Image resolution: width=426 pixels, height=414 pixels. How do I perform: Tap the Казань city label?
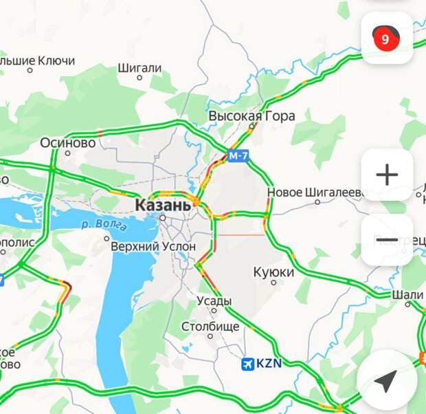tap(163, 204)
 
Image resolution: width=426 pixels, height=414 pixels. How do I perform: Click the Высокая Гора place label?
tap(251, 116)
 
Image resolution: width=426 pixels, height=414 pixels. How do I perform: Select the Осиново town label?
tap(67, 142)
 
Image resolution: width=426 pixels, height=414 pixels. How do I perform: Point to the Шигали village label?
tap(139, 68)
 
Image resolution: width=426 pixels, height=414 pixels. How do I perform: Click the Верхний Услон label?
tap(153, 246)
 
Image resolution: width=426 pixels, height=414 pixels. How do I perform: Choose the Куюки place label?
tap(273, 272)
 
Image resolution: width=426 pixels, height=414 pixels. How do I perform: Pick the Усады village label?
tap(214, 301)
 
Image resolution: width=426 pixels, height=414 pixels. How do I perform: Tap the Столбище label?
tap(210, 326)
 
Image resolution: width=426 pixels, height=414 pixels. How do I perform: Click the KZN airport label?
tap(269, 364)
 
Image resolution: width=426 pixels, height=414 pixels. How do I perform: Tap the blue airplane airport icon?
tap(248, 364)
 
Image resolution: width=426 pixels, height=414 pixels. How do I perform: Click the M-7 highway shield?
tap(238, 156)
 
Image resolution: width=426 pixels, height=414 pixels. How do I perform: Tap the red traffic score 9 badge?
tap(385, 39)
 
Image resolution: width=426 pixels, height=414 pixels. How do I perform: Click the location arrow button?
tap(387, 380)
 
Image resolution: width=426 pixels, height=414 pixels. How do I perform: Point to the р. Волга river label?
tap(103, 225)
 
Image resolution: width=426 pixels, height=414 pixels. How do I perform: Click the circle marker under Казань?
tap(163, 218)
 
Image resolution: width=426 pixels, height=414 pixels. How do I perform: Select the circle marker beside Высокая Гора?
tap(251, 127)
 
